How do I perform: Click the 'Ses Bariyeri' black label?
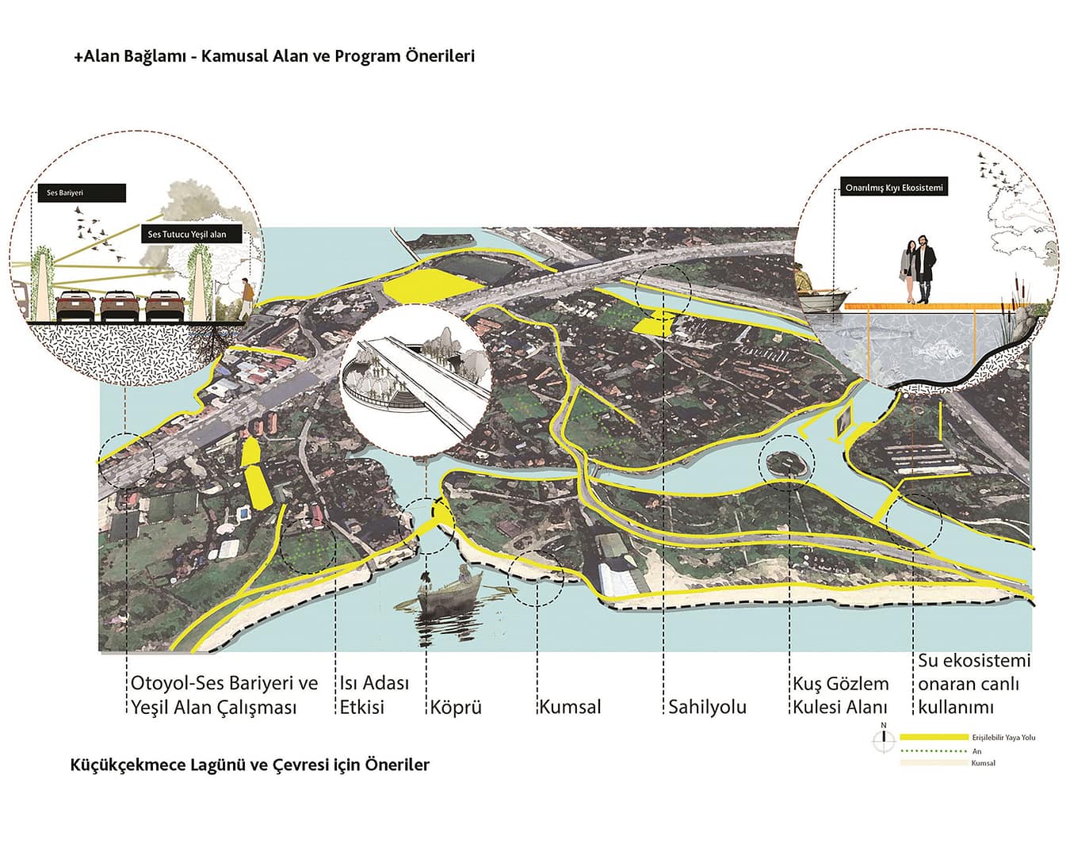point(81,193)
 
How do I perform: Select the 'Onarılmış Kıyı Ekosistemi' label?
point(893,188)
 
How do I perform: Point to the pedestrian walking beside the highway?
point(246,299)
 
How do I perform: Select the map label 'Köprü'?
point(456,707)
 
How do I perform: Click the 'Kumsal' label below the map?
point(570,707)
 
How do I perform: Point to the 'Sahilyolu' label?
point(707,707)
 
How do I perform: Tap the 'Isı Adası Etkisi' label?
point(374,695)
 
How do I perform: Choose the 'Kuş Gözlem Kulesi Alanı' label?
point(841,695)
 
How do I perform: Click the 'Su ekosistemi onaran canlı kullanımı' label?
point(974,684)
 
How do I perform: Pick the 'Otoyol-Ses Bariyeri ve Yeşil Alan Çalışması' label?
point(224,695)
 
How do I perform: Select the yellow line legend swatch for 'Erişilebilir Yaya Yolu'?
point(934,737)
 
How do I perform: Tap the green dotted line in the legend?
point(934,750)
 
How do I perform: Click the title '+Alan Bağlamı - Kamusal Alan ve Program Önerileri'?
point(274,56)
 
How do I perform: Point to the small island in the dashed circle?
point(786,462)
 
